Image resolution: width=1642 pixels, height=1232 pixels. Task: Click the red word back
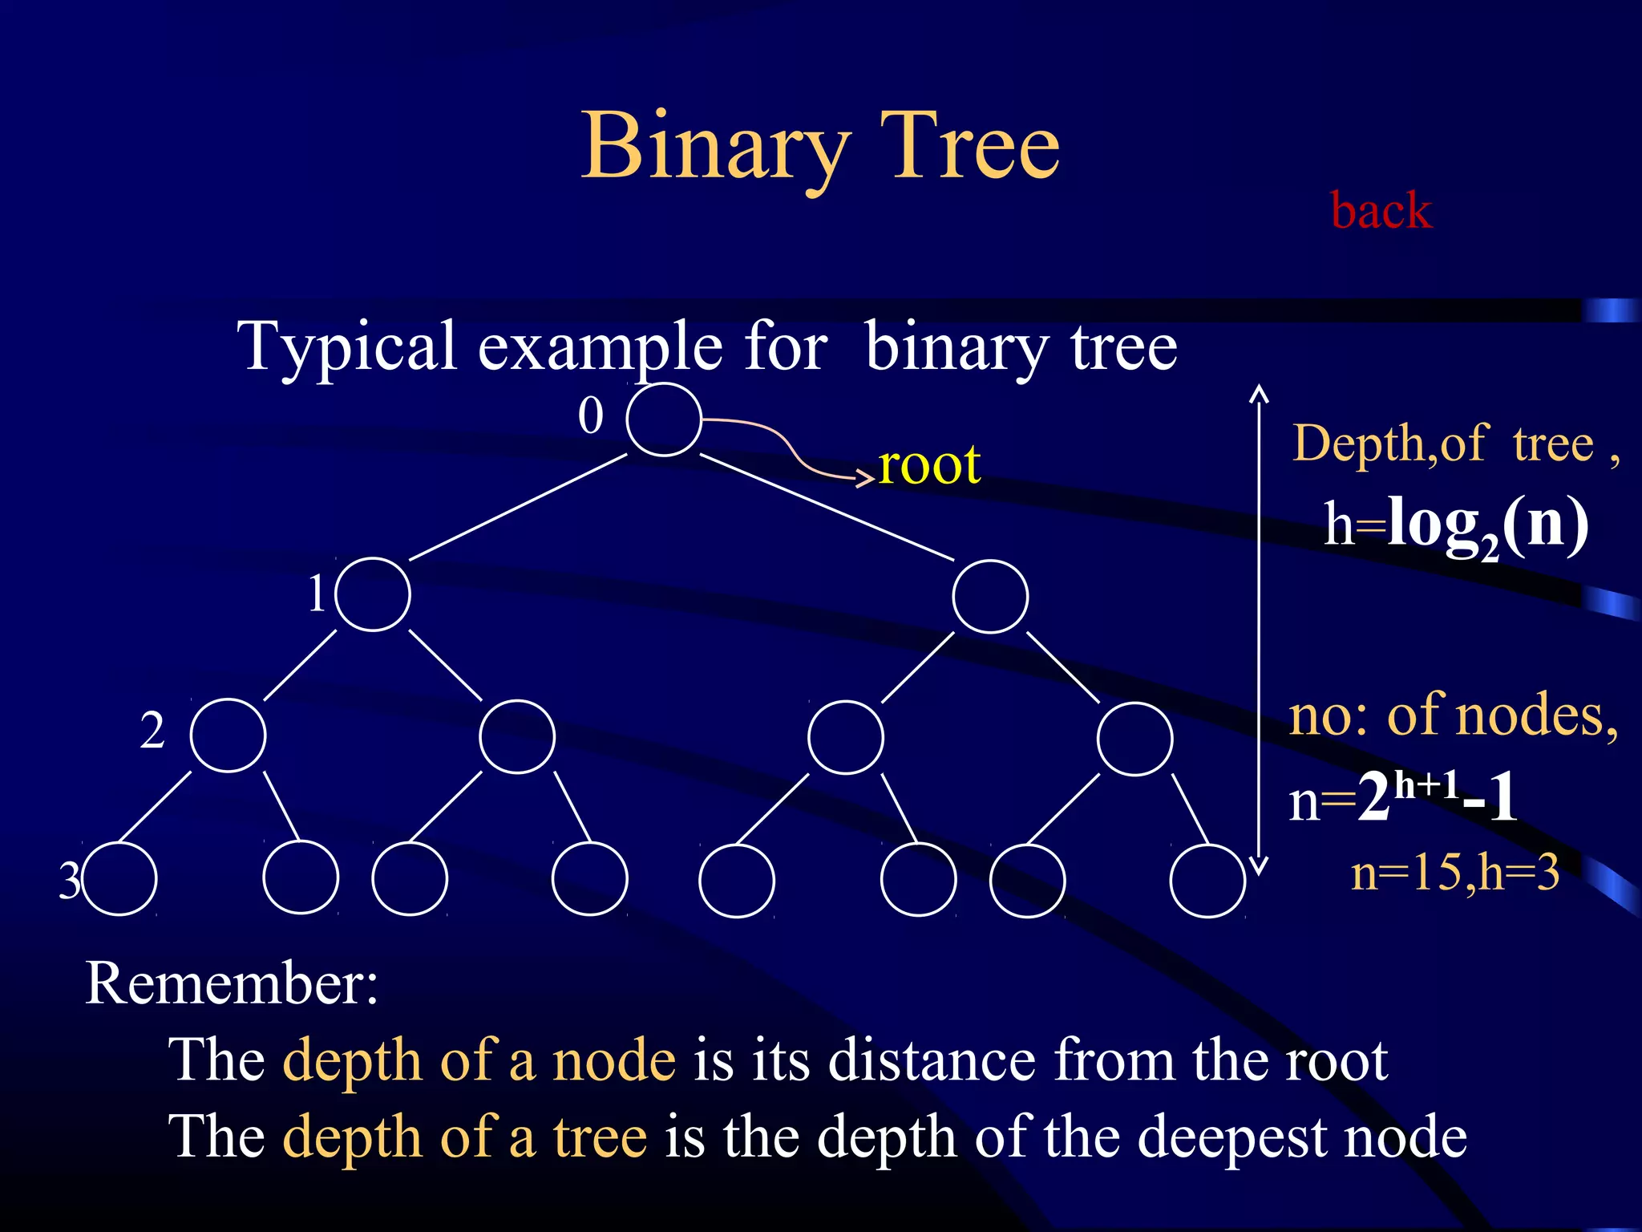click(1381, 211)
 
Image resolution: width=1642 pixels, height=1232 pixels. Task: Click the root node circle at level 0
click(664, 419)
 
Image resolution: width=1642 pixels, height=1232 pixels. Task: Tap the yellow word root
click(929, 464)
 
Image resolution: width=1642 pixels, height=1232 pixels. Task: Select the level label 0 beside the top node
click(591, 416)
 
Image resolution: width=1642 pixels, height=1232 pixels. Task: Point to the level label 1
click(317, 594)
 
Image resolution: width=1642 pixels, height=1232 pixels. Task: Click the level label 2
click(152, 731)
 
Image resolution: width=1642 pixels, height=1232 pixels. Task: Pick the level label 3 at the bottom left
click(70, 880)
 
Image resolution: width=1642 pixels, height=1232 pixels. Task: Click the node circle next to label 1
click(373, 594)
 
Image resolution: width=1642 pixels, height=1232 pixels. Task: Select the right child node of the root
click(990, 597)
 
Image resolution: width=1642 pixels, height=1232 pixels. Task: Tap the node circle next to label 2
click(229, 736)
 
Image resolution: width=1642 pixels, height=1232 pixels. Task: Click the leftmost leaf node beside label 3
click(120, 879)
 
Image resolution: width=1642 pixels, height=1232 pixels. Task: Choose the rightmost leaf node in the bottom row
click(1207, 881)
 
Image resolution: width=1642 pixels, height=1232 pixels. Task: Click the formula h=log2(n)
click(1455, 525)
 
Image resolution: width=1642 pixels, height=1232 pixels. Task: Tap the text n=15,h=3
click(1455, 873)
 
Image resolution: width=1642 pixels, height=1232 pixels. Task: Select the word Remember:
click(232, 983)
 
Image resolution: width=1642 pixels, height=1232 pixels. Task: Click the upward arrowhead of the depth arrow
click(1260, 393)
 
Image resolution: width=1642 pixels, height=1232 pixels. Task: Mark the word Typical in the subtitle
click(348, 346)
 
